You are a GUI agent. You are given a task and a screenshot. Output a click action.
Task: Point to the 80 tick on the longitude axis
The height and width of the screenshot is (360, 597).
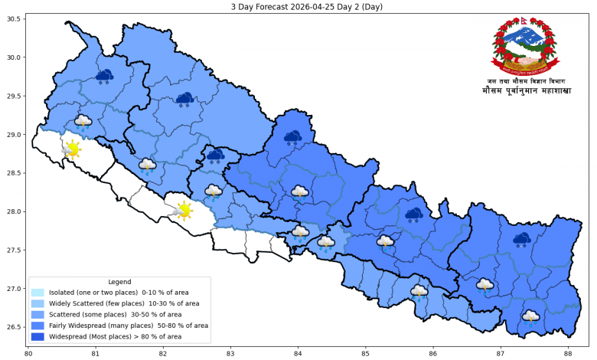coord(28,353)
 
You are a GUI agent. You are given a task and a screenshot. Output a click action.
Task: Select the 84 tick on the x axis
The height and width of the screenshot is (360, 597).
coord(298,353)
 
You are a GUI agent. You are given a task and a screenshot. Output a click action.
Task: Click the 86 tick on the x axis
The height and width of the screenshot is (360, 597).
coord(433,353)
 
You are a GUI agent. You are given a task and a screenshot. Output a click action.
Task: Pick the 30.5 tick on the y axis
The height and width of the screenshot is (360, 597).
coord(13,18)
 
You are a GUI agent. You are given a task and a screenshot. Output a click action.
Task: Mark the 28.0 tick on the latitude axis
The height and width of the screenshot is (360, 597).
coord(13,211)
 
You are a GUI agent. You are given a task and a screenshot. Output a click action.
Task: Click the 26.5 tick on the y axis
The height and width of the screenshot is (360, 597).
coord(13,327)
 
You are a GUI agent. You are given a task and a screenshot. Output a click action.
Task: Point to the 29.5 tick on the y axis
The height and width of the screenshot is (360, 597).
coord(13,96)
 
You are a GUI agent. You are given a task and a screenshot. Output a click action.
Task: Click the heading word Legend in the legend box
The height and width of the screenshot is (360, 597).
coord(119,282)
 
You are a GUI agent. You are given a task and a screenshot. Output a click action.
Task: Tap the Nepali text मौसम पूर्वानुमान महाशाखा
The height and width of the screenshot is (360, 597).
coord(527,91)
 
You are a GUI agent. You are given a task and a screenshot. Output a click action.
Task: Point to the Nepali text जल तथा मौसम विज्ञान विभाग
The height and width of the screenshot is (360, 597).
coord(527,80)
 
